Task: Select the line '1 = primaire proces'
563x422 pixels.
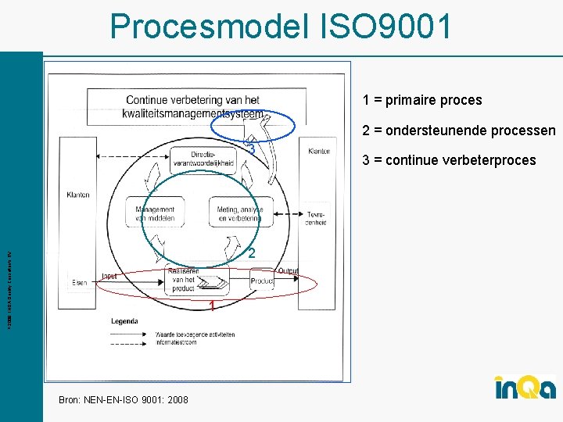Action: tap(421, 100)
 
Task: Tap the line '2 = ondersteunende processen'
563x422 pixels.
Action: tap(458, 131)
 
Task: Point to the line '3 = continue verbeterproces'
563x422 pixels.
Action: tap(449, 160)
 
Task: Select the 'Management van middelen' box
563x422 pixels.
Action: tap(159, 213)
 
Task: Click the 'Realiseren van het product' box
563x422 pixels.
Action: tap(183, 279)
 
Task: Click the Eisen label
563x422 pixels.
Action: tap(79, 282)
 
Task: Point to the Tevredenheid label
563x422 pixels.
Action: tap(316, 217)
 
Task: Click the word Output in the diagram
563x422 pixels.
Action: tap(288, 270)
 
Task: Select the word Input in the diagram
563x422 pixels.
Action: tap(109, 275)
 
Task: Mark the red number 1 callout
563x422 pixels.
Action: tap(211, 307)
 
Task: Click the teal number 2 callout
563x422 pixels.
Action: tap(251, 253)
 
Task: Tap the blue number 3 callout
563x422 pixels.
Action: tap(251, 148)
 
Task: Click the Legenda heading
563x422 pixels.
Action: tap(124, 320)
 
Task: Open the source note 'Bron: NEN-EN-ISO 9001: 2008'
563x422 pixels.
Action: tap(124, 399)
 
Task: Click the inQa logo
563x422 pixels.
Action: tap(525, 388)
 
